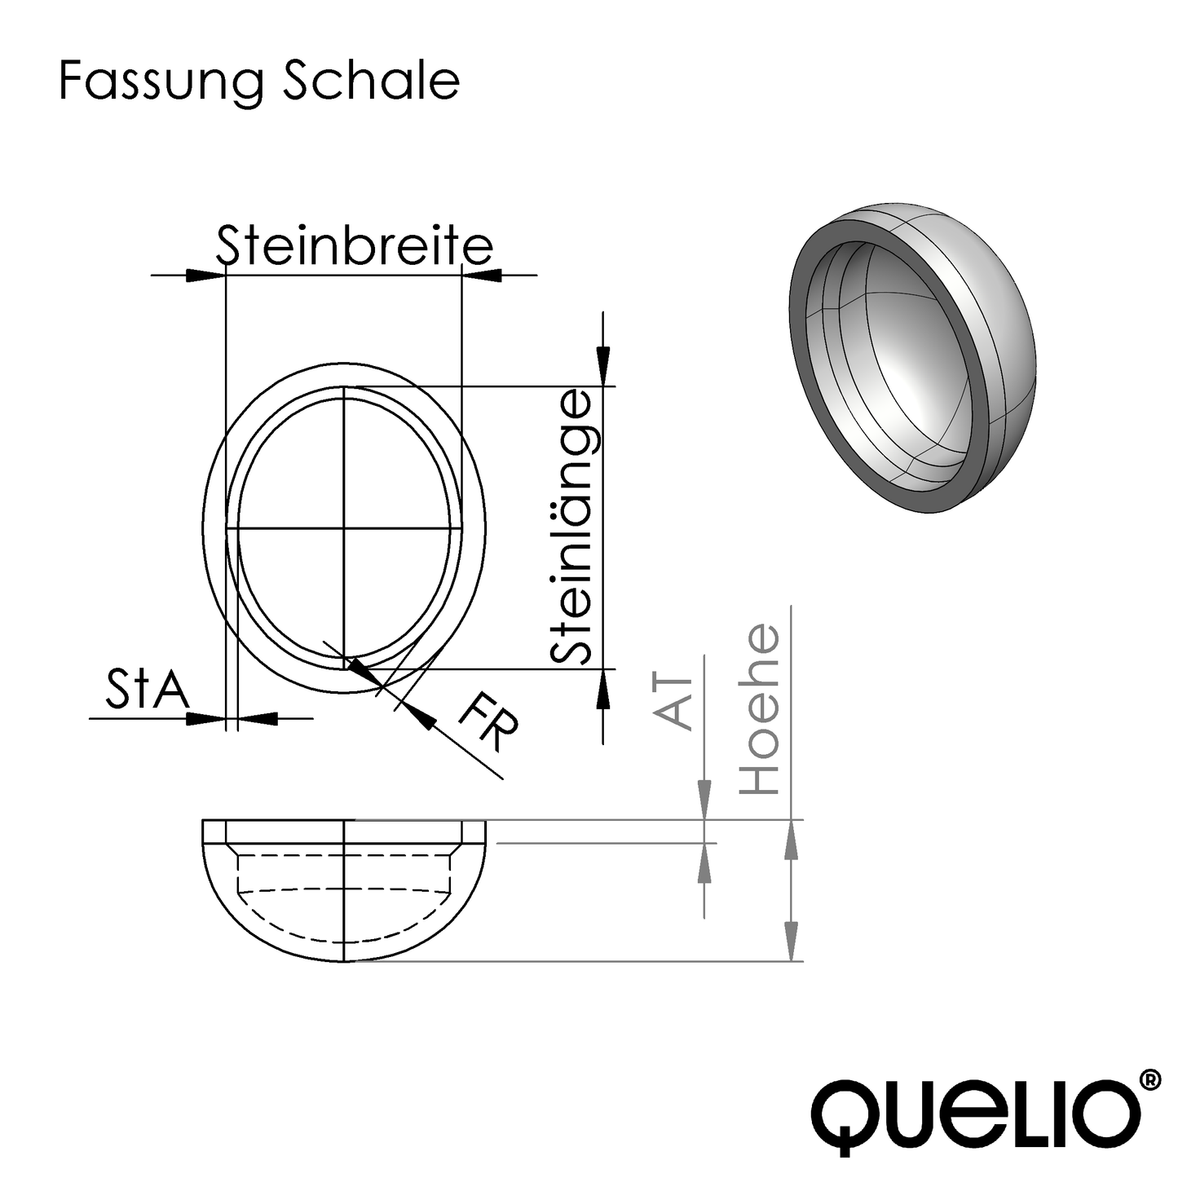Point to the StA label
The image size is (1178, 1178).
click(147, 690)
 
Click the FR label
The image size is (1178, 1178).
click(488, 723)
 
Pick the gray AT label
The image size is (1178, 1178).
click(675, 702)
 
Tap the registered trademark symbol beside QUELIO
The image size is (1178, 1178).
click(1149, 1079)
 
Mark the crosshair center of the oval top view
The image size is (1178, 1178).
click(345, 529)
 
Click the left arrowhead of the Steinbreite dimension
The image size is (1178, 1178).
click(205, 276)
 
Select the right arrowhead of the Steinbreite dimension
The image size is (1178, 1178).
click(481, 276)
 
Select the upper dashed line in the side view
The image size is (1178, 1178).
click(345, 854)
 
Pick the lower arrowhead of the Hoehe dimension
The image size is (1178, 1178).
click(790, 941)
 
